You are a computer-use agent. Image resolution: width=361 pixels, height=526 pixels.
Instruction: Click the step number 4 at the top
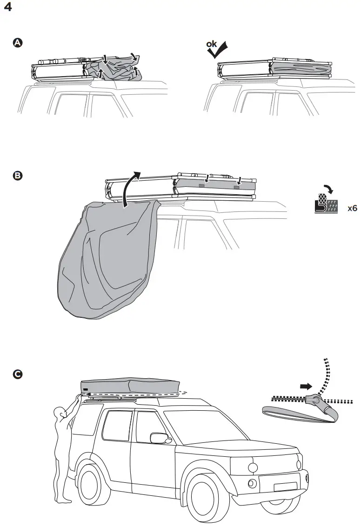(x=7, y=8)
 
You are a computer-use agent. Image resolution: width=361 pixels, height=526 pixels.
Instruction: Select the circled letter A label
(x=17, y=43)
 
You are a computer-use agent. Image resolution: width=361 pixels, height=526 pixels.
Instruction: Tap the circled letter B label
(x=17, y=176)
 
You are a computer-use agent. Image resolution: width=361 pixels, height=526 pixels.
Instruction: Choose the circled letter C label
(x=17, y=374)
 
